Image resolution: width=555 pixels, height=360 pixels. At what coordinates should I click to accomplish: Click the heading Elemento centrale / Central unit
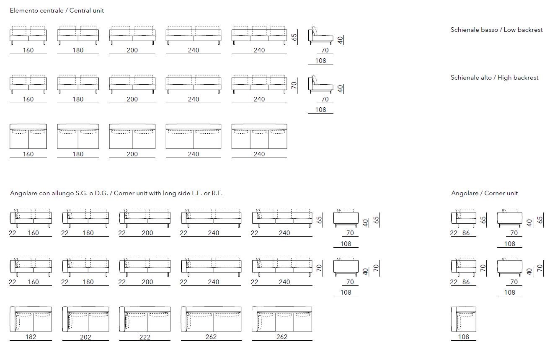coord(57,10)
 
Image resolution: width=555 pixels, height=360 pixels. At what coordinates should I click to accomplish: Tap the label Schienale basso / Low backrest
coord(496,30)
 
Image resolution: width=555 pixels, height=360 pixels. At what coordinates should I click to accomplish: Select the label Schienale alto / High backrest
coord(495,78)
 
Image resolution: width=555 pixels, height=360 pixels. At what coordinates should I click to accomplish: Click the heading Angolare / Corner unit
coord(484,193)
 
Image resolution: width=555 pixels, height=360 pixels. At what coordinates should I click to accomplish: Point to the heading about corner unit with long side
coord(116,193)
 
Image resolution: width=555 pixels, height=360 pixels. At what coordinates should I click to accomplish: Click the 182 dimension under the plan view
coord(31,337)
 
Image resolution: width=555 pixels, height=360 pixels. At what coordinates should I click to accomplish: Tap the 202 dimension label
coord(85,337)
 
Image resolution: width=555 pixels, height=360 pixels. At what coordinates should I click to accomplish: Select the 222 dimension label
coord(145,337)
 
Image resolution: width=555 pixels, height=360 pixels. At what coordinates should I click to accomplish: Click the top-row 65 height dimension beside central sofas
coord(294,37)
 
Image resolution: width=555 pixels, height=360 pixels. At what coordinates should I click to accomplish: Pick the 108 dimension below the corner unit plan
coord(464,337)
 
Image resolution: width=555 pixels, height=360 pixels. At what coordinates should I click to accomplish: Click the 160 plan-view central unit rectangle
coord(28,136)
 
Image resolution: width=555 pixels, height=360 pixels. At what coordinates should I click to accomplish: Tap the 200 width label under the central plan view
coord(132,154)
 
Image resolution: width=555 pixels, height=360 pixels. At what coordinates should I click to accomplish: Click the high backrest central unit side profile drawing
coord(320,84)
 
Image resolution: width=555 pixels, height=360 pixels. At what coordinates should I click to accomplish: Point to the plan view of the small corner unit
coord(464,319)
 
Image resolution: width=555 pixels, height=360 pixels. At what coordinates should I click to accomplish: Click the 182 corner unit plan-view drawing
coord(31,319)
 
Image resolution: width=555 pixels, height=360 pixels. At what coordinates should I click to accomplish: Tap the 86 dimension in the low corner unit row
coord(466,233)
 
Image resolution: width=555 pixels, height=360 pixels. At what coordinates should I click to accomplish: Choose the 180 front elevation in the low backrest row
coord(78,35)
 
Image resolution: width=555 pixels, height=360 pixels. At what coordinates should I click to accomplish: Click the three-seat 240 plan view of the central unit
coord(259,136)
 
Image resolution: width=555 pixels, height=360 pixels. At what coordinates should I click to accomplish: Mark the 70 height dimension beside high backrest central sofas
coord(294,86)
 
